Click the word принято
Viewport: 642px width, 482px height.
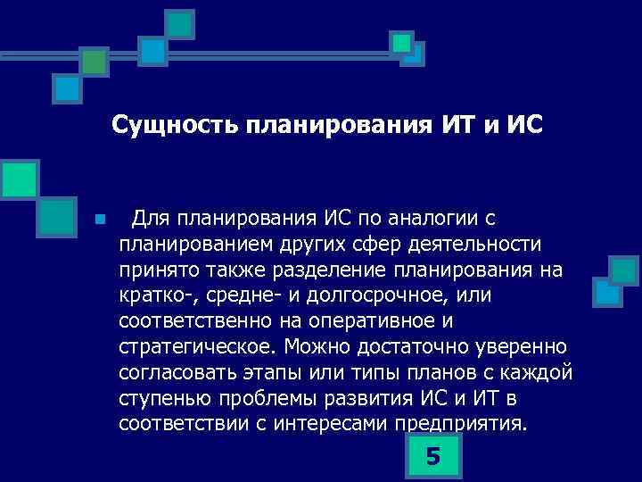(x=152, y=269)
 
